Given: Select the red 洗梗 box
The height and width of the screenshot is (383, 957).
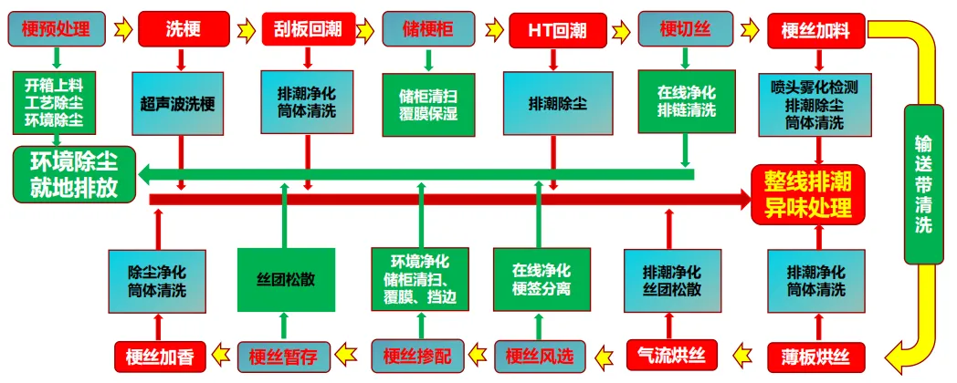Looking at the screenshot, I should (181, 30).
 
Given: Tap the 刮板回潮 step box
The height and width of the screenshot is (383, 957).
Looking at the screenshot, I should (307, 30).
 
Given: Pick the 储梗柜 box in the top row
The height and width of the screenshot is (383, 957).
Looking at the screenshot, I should (428, 30).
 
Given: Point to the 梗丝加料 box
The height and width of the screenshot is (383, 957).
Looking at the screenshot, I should (815, 30).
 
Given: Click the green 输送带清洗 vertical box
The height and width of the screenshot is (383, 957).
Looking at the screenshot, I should (923, 182).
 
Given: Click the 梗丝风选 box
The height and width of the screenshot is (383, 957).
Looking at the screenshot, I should (541, 355).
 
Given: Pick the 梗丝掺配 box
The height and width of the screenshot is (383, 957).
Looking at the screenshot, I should (417, 355).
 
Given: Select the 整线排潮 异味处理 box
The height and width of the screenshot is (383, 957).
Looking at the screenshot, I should (807, 194).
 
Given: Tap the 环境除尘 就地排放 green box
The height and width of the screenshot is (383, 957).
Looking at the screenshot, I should (73, 173).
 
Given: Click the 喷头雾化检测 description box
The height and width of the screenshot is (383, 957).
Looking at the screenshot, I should (815, 104).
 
